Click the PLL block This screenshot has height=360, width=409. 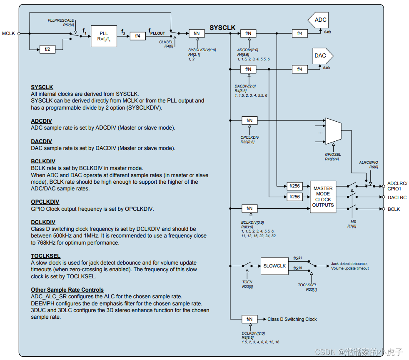pyautogui.click(x=104, y=36)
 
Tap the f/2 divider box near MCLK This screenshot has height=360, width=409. pyautogui.click(x=47, y=49)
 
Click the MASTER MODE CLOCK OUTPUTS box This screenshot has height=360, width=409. pyautogui.click(x=323, y=197)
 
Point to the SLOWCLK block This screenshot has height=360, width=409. pyautogui.click(x=274, y=266)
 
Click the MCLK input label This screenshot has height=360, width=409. pyautogui.click(x=8, y=33)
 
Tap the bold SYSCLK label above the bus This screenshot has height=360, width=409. pyautogui.click(x=222, y=28)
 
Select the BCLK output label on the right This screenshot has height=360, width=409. pyautogui.click(x=394, y=209)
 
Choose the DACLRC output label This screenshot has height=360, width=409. pyautogui.click(x=397, y=197)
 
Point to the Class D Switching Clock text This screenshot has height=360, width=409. pyautogui.click(x=292, y=319)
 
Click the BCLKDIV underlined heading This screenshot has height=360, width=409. pyautogui.click(x=43, y=161)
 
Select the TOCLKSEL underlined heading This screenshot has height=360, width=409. pyautogui.click(x=45, y=256)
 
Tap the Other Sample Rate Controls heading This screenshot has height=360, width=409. pyautogui.click(x=67, y=290)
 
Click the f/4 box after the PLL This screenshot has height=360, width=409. pyautogui.click(x=138, y=36)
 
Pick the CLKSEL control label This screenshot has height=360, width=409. pyautogui.click(x=166, y=42)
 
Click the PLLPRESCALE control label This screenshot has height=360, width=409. pyautogui.click(x=61, y=20)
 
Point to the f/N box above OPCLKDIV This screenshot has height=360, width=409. pyautogui.click(x=249, y=120)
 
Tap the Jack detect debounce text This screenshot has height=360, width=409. pyautogui.click(x=349, y=264)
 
